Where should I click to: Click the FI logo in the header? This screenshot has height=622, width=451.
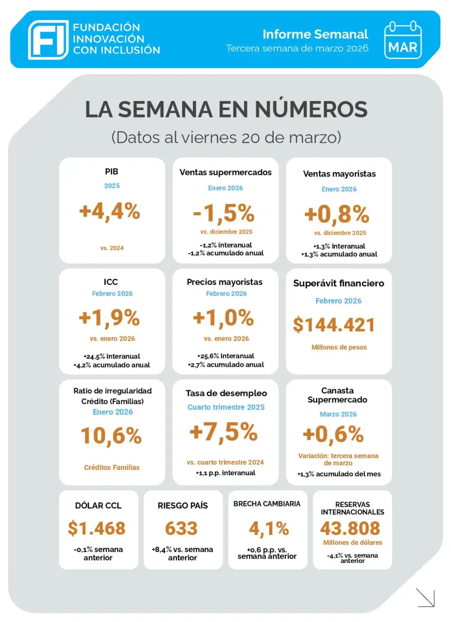point(48,40)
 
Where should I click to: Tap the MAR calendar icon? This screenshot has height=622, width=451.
point(403,40)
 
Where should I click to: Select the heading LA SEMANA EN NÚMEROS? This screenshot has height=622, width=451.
point(226,110)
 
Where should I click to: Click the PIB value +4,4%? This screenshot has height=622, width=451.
point(110,211)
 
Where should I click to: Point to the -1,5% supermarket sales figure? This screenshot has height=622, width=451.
point(224,213)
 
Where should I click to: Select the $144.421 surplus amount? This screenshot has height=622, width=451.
point(334,325)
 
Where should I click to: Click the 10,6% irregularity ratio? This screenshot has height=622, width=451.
point(111,436)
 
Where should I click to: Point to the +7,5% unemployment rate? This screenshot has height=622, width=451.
point(223,432)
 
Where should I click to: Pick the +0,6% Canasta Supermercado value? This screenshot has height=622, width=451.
point(333,434)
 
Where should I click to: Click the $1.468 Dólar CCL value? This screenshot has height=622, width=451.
point(97,528)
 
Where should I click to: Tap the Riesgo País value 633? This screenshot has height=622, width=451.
point(181,528)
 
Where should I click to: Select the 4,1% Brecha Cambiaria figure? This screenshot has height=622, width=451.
point(269,528)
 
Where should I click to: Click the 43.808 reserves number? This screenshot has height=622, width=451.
point(350,528)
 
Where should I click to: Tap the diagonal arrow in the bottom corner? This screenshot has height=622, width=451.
point(425,597)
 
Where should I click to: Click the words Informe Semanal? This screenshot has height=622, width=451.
point(315,34)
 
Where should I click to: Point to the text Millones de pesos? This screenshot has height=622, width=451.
point(339,347)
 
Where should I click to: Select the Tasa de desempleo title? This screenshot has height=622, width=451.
point(226,393)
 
